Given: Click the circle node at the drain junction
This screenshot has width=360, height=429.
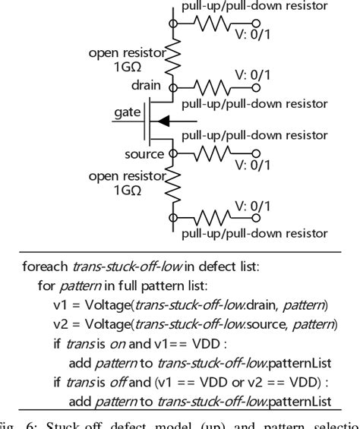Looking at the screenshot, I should point(172,88).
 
